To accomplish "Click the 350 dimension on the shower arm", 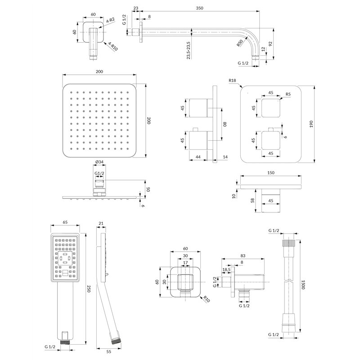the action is point(199,8).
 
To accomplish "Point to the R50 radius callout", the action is point(240,43).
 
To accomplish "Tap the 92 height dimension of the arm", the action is point(270,44).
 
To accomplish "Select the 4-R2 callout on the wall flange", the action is point(111,20).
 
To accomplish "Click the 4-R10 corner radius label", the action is point(113,46).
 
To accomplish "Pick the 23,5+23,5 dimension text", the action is point(189,50).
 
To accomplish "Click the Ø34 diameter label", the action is point(99,162).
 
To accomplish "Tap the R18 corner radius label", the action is point(232,81).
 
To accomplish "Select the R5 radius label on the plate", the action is point(288,94).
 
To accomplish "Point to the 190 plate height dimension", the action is point(311,124).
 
